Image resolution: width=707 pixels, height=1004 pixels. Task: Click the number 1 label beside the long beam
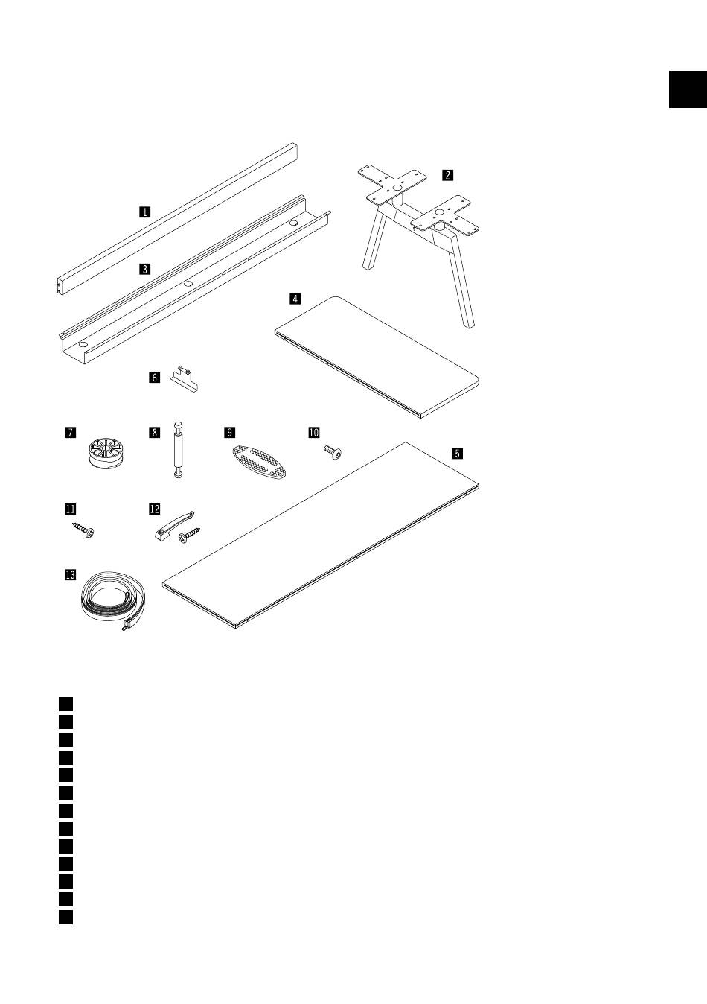point(144,212)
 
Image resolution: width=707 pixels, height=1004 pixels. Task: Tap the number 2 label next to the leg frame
point(447,175)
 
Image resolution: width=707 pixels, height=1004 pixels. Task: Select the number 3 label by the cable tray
point(144,269)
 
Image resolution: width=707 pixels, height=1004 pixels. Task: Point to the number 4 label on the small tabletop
point(295,299)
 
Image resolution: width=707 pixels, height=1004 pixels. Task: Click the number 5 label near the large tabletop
point(457,453)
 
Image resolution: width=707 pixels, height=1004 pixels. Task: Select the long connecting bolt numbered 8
point(178,450)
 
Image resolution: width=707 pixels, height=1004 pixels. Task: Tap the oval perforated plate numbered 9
point(260,462)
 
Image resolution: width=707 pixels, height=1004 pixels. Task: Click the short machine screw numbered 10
point(333,453)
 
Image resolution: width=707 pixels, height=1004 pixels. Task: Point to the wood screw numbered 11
point(83,530)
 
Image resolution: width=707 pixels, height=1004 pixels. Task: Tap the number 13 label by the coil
point(70,574)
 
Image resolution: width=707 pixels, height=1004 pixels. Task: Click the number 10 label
point(314,433)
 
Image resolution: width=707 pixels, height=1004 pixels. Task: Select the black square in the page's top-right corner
point(688,89)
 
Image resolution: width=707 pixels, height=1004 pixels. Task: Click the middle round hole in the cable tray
point(188,284)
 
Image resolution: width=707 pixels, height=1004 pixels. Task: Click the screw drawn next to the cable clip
point(189,536)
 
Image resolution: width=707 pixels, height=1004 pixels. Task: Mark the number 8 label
point(155,433)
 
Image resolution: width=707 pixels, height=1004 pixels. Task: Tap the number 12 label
point(155,509)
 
